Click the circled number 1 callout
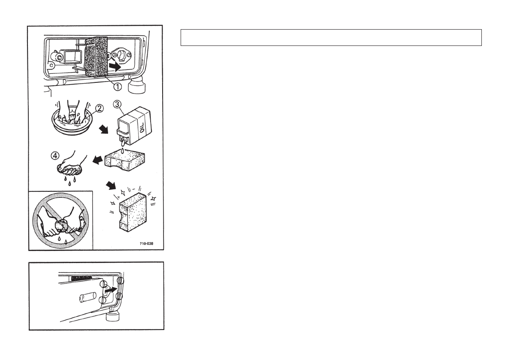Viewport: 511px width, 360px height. (x=117, y=86)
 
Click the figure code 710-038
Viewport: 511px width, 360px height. (x=146, y=244)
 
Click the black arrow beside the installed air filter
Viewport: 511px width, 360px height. (x=115, y=67)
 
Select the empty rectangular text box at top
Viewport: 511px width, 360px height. (x=331, y=37)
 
